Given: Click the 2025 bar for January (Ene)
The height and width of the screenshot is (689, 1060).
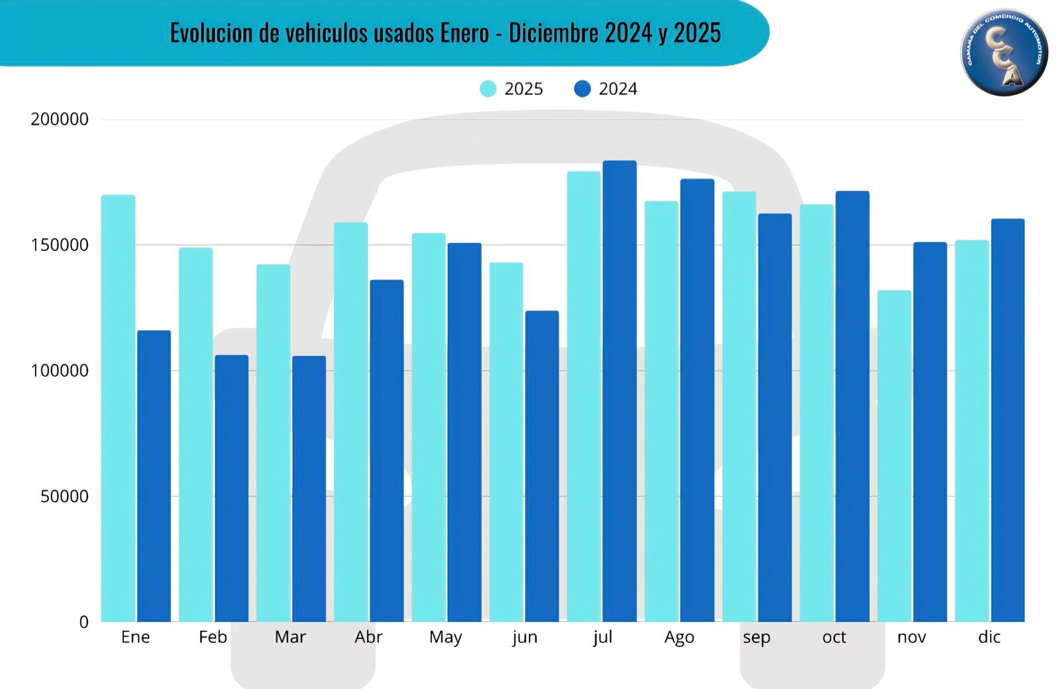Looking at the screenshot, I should [118, 408].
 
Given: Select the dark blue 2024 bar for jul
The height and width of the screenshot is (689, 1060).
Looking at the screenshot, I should [619, 391].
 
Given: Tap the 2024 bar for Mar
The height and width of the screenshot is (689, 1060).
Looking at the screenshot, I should [309, 489].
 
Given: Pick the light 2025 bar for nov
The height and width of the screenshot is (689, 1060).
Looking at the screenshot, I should [894, 456].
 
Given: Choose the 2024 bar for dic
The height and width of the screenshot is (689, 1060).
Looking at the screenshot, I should [1008, 420].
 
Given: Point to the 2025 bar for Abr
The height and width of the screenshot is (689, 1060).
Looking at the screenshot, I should [350, 422].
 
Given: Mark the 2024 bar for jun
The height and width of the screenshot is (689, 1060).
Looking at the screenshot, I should [542, 466].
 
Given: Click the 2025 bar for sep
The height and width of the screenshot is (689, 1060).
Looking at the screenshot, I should [739, 407].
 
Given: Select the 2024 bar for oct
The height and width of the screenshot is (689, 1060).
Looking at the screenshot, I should [852, 406].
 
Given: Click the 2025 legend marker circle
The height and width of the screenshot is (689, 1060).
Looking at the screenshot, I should [488, 89].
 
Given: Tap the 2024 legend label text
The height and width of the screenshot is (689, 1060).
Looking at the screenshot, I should [617, 89].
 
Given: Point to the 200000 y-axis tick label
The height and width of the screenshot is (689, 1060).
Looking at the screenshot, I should [60, 119].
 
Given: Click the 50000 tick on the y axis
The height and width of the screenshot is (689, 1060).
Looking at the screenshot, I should [64, 496].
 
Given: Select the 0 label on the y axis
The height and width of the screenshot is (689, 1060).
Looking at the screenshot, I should [83, 622].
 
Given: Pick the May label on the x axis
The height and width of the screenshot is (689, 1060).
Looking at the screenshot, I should [445, 637].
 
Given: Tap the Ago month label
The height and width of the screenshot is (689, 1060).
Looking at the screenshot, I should [679, 637].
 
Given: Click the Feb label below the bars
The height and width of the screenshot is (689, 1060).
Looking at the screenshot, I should [213, 637].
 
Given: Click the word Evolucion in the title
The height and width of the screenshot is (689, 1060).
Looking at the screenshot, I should [212, 32].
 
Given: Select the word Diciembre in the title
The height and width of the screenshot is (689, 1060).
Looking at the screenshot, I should [553, 32].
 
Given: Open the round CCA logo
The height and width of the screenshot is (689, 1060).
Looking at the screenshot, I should [1004, 52].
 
